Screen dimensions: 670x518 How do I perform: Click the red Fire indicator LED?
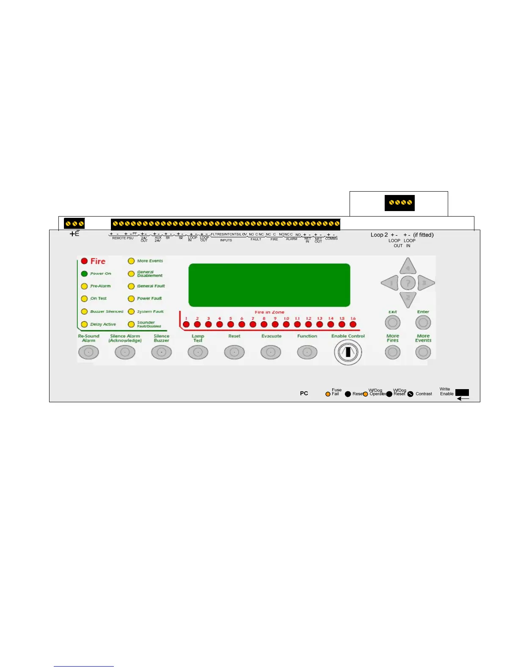(84, 261)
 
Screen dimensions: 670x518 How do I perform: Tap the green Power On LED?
(84, 274)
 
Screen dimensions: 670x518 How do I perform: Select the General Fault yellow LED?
(131, 286)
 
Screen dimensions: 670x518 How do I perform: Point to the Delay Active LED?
(84, 324)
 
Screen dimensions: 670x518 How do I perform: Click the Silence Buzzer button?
(161, 352)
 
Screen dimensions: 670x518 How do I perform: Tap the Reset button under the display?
(234, 352)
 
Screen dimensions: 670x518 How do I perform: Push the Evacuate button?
(271, 352)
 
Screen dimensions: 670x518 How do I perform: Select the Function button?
(307, 352)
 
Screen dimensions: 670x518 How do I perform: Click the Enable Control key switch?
(348, 352)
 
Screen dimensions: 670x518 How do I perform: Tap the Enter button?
(423, 323)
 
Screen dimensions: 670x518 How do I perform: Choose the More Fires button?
(393, 352)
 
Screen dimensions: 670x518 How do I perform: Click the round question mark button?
(408, 283)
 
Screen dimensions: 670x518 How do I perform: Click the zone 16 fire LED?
(353, 325)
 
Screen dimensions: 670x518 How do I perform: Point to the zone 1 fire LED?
(186, 325)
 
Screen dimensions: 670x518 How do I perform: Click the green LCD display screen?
(269, 285)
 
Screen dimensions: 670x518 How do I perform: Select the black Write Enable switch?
(462, 393)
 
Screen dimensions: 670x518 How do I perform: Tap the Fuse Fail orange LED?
(328, 394)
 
